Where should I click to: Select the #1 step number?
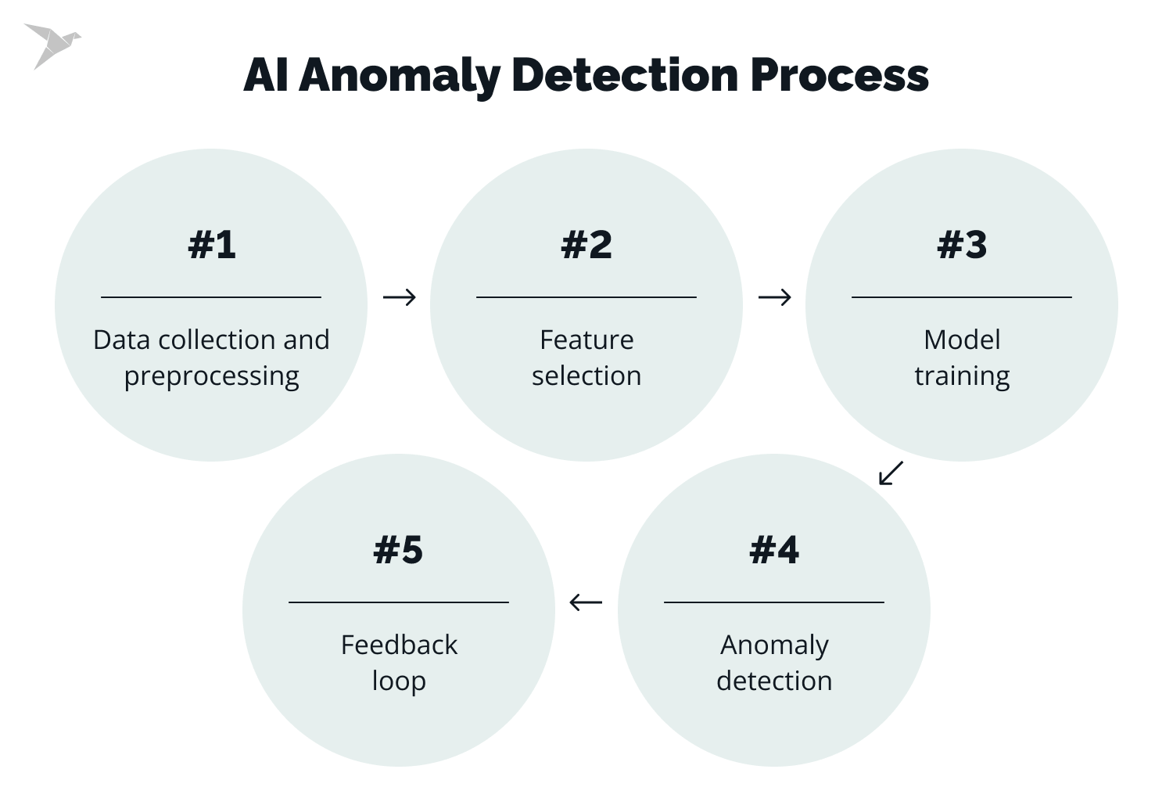point(211,245)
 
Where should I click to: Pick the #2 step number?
point(586,245)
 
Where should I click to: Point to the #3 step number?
point(962,245)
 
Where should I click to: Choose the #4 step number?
point(774,550)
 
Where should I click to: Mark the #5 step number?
point(399,550)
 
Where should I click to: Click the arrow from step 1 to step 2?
point(399,297)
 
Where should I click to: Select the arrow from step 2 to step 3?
point(774,297)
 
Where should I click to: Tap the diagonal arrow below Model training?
point(891,473)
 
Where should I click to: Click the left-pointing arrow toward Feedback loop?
point(586,602)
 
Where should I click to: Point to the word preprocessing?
point(211,376)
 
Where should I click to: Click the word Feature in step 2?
point(586,340)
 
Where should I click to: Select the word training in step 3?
point(962,376)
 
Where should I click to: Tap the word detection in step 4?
point(774,681)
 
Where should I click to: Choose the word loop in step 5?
point(399,681)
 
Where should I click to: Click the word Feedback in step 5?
point(399,645)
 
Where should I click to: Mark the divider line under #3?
point(962,297)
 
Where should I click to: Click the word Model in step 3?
point(962,340)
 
